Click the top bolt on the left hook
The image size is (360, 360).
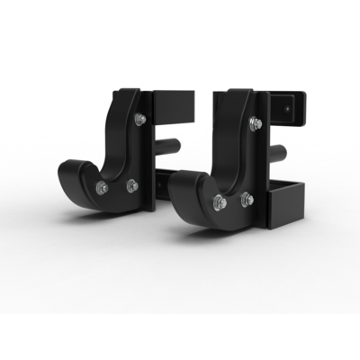(139, 119)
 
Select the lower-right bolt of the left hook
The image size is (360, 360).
(132, 185)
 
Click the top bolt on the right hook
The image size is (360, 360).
(255, 123)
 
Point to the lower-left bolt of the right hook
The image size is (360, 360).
(218, 202)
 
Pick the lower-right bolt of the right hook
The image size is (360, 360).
(247, 198)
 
